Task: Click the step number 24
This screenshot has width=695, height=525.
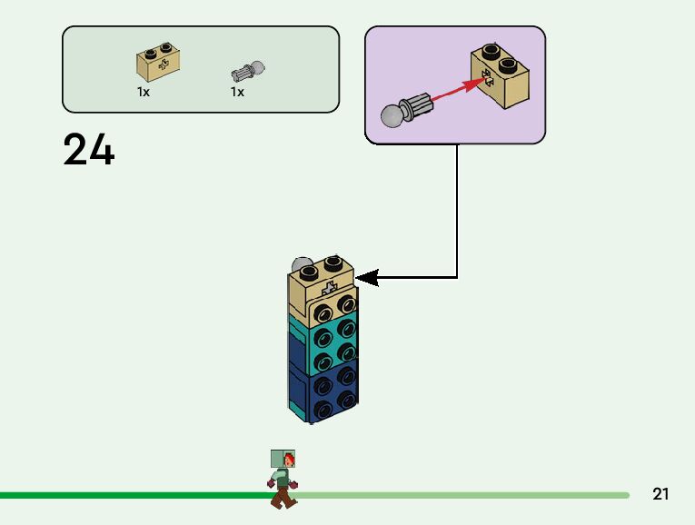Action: [x=89, y=151]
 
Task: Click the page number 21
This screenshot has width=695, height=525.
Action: [x=660, y=495]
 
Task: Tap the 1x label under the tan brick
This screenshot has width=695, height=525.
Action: [x=144, y=93]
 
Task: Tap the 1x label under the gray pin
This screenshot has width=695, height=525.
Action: [x=237, y=93]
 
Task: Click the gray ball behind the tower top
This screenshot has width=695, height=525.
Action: [x=299, y=266]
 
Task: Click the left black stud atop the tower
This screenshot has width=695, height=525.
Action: [x=310, y=269]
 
